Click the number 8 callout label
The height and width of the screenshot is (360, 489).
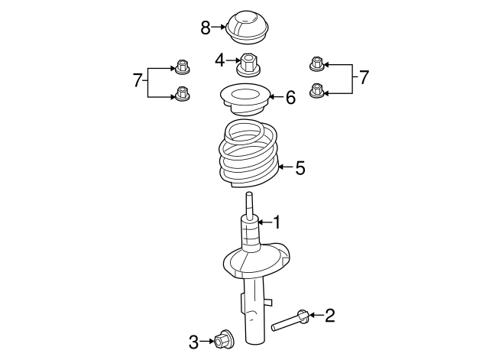click(205, 28)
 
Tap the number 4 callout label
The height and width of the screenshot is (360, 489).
click(219, 60)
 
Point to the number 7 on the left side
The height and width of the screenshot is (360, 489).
click(138, 79)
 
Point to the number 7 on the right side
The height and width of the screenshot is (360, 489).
click(364, 77)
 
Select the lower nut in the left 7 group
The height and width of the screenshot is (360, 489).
click(182, 94)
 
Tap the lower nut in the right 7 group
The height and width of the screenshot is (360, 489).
click(316, 91)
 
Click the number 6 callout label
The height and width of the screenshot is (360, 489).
click(290, 98)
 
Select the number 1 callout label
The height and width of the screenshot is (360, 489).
click(277, 222)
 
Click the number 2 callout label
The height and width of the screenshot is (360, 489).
click(329, 315)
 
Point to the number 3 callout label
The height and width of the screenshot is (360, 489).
click(194, 341)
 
